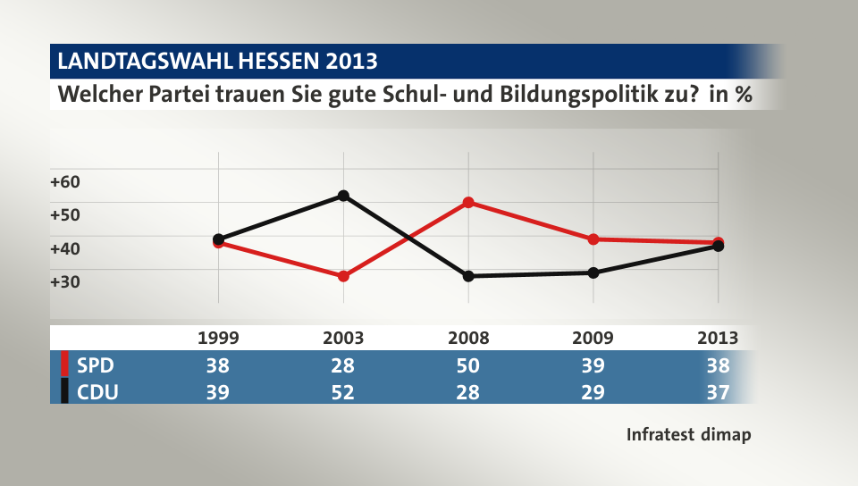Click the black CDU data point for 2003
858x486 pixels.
(343, 196)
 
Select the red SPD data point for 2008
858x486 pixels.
(468, 203)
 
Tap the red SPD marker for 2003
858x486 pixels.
(343, 276)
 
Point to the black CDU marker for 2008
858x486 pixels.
(468, 276)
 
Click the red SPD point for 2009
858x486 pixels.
(593, 239)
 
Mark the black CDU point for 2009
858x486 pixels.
(593, 272)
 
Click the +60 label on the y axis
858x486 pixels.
(65, 181)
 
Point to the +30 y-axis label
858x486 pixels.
(65, 281)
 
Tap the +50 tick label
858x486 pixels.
(65, 214)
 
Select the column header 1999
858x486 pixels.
(218, 338)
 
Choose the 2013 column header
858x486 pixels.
(718, 338)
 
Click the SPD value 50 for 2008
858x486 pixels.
(468, 365)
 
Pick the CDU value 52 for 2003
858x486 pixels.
(343, 391)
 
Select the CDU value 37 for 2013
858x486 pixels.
(718, 391)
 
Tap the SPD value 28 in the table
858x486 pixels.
(343, 365)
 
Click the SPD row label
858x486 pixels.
(96, 365)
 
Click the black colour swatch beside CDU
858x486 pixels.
(64, 391)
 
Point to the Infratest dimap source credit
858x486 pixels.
(688, 435)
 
